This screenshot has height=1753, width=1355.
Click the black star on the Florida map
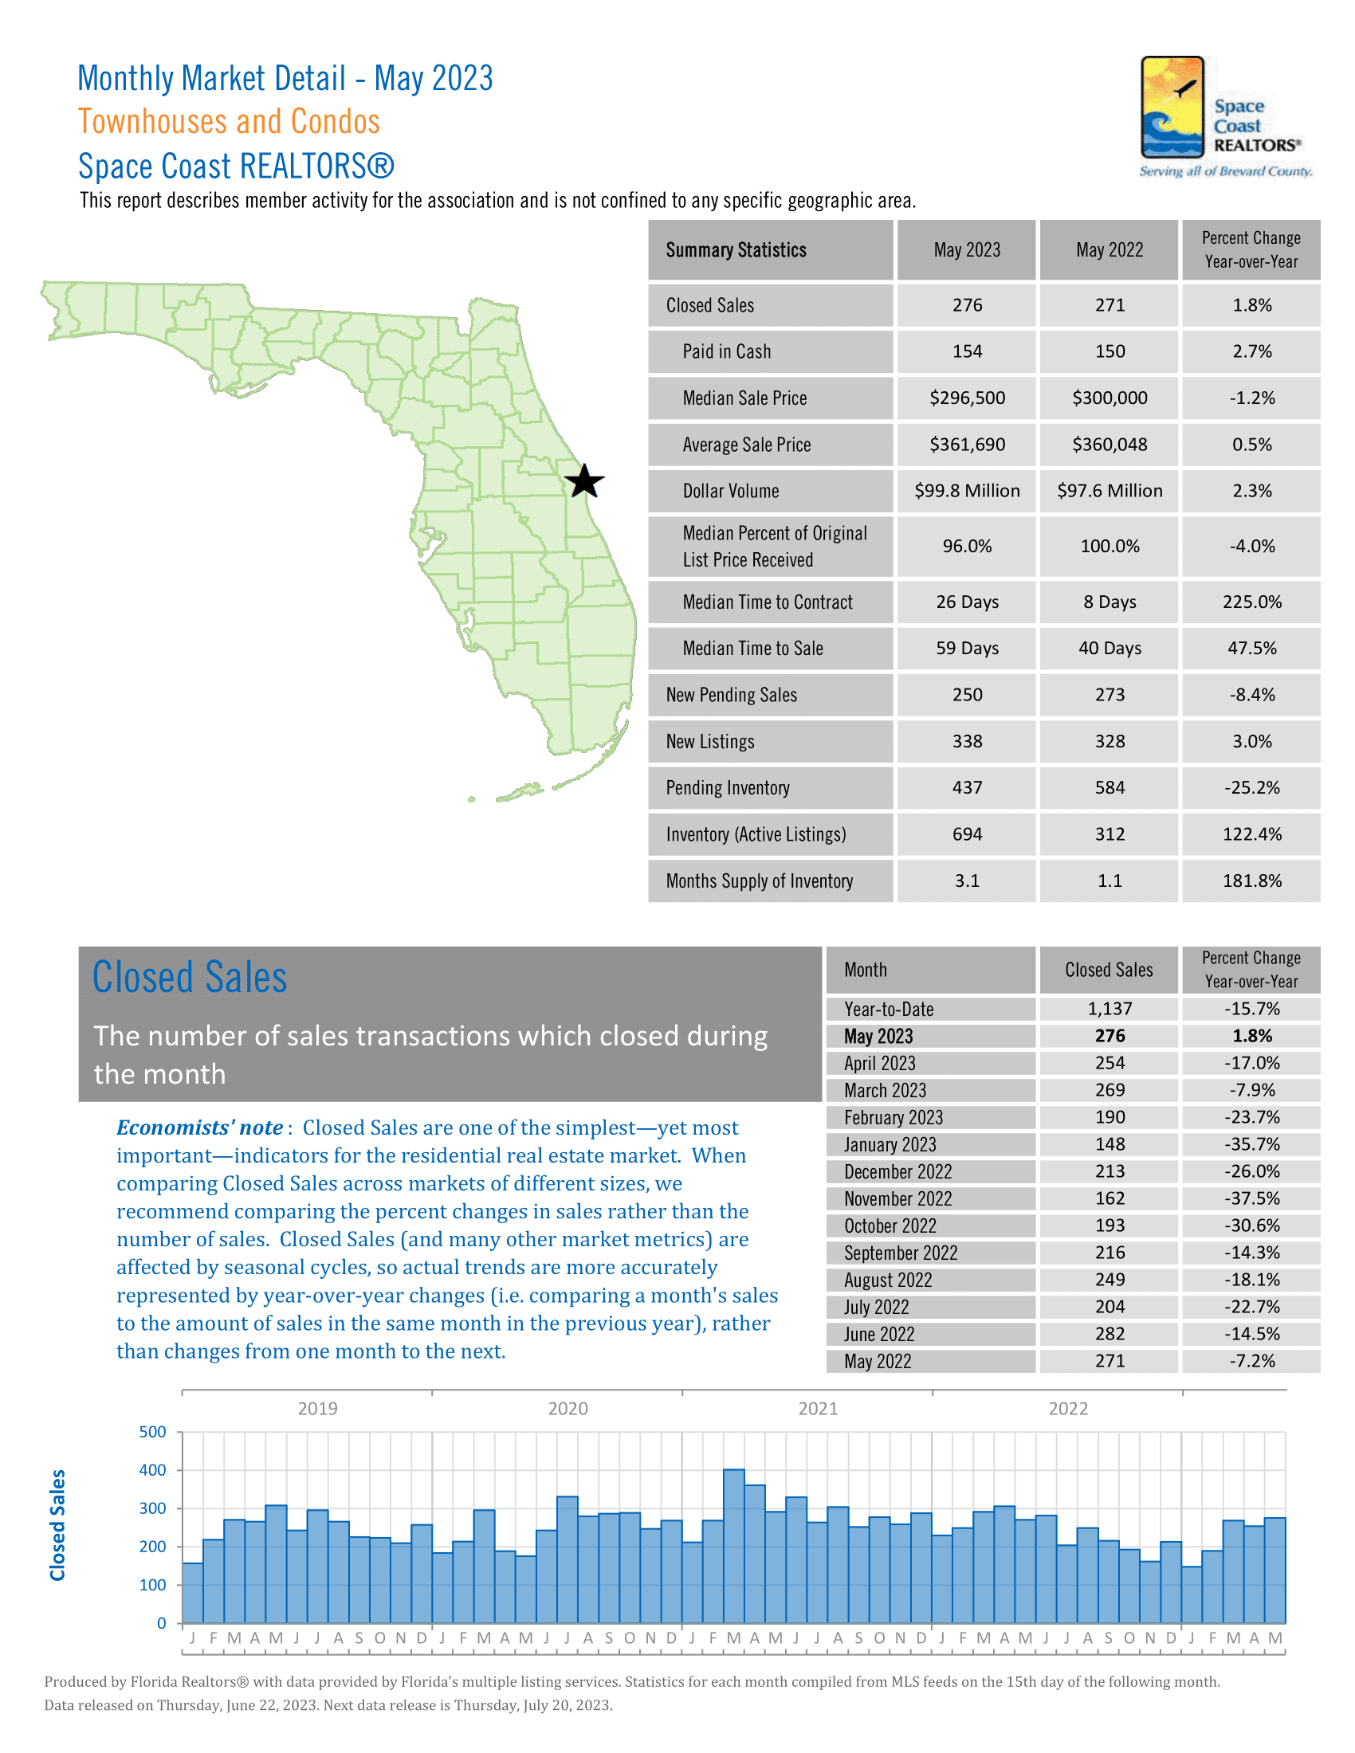(x=583, y=481)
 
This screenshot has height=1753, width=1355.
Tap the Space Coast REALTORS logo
(x=1223, y=117)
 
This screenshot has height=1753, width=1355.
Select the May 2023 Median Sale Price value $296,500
(x=967, y=398)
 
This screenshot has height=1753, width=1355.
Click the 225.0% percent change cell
(x=1251, y=602)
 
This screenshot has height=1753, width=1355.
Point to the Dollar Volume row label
(x=730, y=491)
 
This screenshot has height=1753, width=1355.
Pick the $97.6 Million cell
(x=1110, y=491)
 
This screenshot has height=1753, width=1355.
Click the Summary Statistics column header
(x=736, y=250)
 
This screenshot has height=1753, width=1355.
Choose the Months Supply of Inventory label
(x=759, y=881)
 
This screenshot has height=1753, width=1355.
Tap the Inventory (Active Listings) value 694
(x=967, y=835)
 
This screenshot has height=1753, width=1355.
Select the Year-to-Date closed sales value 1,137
(x=1110, y=1009)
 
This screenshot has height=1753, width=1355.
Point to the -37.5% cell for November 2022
(x=1251, y=1199)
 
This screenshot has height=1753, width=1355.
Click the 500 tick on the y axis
(x=152, y=1432)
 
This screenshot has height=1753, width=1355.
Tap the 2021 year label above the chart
(x=818, y=1409)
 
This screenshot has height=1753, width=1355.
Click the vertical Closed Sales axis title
(x=57, y=1525)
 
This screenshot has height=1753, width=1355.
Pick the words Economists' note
(x=199, y=1127)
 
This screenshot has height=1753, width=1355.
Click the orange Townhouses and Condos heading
(x=229, y=122)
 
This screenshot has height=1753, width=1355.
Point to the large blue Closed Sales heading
(x=190, y=978)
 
